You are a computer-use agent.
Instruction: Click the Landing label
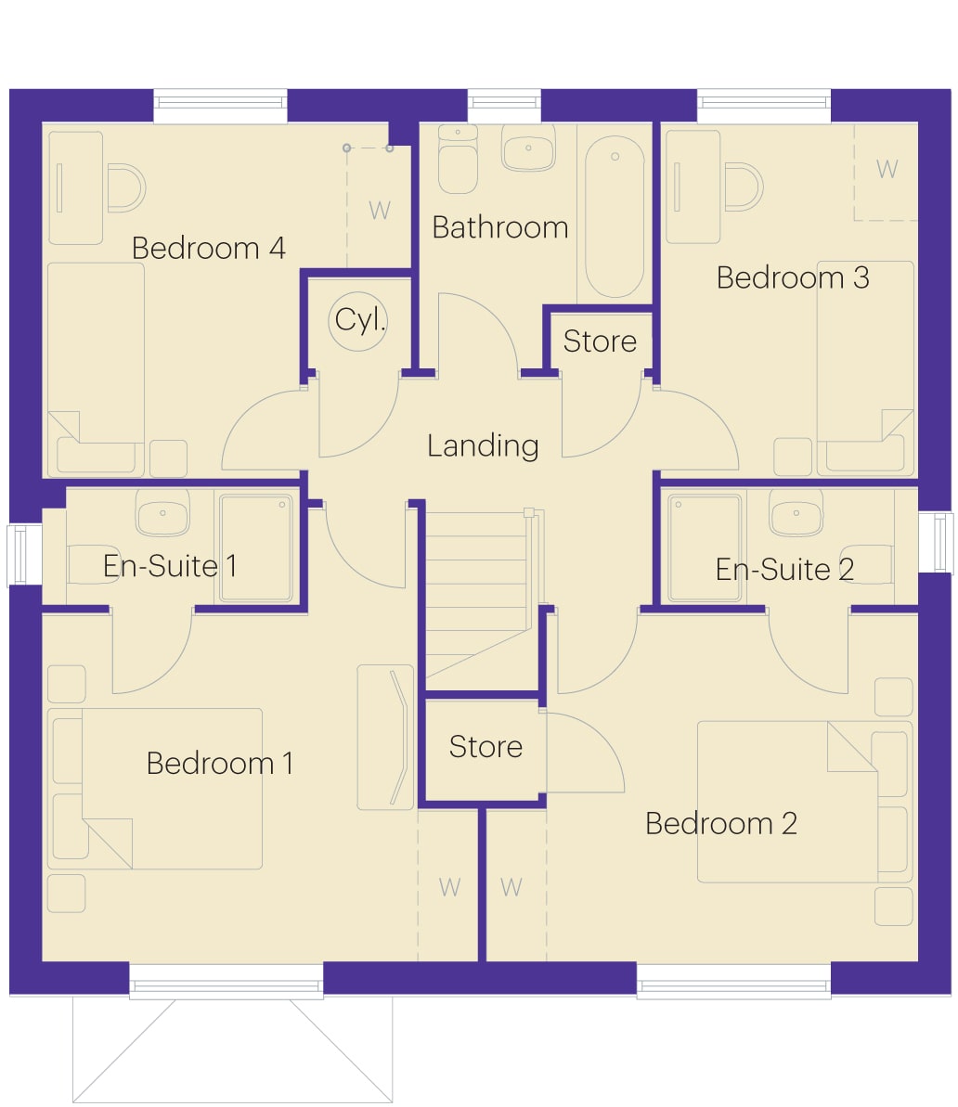point(484,446)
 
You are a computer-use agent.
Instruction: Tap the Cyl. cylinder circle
point(358,321)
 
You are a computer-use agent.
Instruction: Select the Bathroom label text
point(500,227)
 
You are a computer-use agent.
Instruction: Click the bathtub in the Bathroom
point(615,217)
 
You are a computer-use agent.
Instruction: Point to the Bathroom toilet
point(458,159)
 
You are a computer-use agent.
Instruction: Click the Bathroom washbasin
point(528,148)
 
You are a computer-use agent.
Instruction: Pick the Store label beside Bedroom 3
point(600,341)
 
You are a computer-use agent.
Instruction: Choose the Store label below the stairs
point(486,747)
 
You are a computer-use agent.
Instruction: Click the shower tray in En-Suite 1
point(256,547)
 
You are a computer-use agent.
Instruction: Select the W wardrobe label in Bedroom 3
point(887,169)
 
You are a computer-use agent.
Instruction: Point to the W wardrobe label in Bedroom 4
point(380,210)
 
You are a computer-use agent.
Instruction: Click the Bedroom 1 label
point(220,763)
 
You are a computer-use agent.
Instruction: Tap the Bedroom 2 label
point(721,824)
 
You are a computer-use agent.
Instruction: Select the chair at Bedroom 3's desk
point(744,187)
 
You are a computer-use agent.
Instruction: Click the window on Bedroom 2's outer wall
point(734,979)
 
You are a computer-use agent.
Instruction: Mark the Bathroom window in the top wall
point(504,106)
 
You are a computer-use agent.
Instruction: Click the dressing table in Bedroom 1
point(385,737)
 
